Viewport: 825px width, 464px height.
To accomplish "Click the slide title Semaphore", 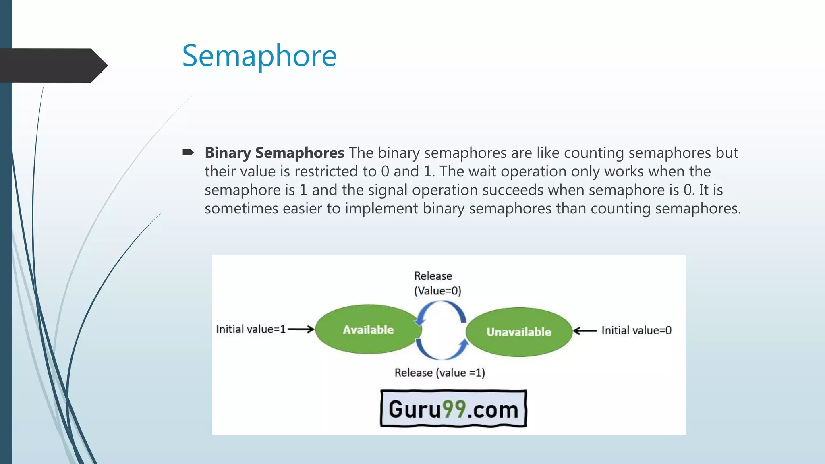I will point(259,56).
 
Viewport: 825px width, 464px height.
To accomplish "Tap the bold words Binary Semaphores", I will point(274,153).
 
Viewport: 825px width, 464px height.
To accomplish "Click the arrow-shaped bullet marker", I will point(188,152).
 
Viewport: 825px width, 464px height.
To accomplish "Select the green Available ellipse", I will point(368,329).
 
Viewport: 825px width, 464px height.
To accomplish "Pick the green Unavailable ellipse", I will point(519,332).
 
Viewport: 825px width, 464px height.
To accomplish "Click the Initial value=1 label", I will point(251,329).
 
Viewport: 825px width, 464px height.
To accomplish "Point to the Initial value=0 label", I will point(636,331).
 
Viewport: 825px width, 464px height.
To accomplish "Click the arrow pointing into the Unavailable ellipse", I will point(585,331).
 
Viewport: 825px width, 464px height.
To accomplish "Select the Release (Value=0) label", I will point(437,283).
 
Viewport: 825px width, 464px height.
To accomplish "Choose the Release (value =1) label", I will point(439,373).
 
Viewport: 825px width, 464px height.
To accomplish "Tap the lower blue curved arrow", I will point(442,350).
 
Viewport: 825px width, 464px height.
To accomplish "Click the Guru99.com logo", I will point(454,409).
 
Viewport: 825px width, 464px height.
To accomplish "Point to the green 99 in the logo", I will point(454,409).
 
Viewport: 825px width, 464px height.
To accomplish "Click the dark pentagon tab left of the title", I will point(52,65).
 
